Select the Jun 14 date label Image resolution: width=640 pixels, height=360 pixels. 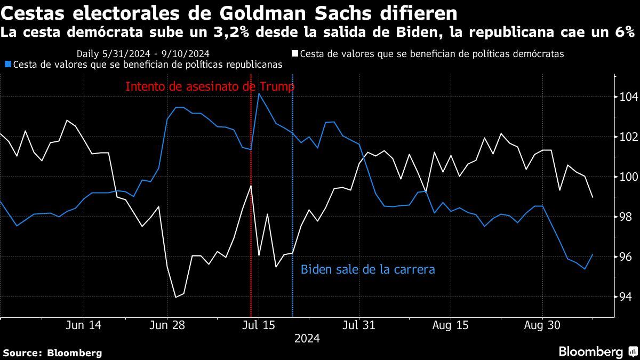coord(84,326)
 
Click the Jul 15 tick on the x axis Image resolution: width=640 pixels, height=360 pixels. coord(259,326)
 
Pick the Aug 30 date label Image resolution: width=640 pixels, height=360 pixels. coord(542,326)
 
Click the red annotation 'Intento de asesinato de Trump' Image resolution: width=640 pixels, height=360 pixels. coord(210,86)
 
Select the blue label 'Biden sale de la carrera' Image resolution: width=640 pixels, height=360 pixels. coord(368,269)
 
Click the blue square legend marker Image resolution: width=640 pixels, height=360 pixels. coord(7,65)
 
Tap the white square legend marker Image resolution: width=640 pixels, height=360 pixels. coord(294,54)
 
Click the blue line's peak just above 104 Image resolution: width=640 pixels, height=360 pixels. coord(259,94)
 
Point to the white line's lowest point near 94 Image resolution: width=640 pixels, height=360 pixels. coord(176,297)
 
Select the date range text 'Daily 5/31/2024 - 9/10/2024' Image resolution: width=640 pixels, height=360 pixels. coord(142,54)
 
